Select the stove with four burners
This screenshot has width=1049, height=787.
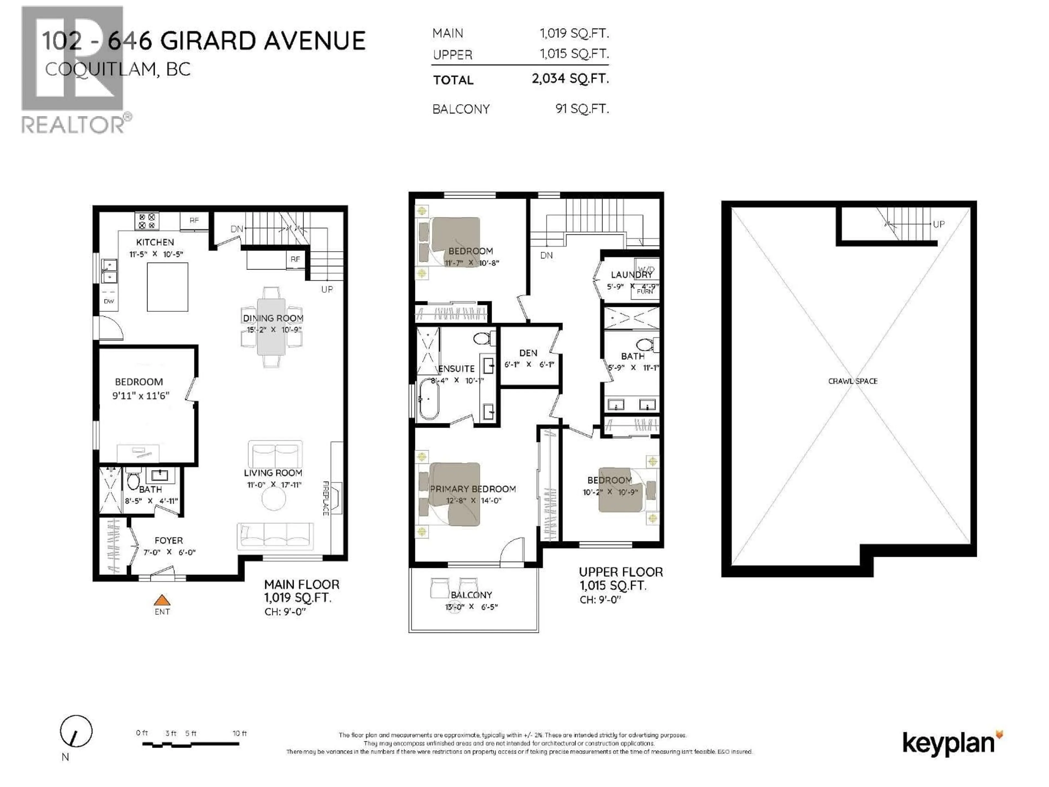(x=146, y=221)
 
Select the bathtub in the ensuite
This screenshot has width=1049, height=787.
(x=428, y=398)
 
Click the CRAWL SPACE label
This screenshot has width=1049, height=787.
(x=853, y=381)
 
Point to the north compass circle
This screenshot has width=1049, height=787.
(x=76, y=731)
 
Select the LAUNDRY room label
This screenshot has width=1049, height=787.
(x=631, y=275)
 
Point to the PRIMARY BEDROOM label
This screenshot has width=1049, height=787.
(x=472, y=489)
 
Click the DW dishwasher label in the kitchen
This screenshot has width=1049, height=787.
(x=109, y=301)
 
